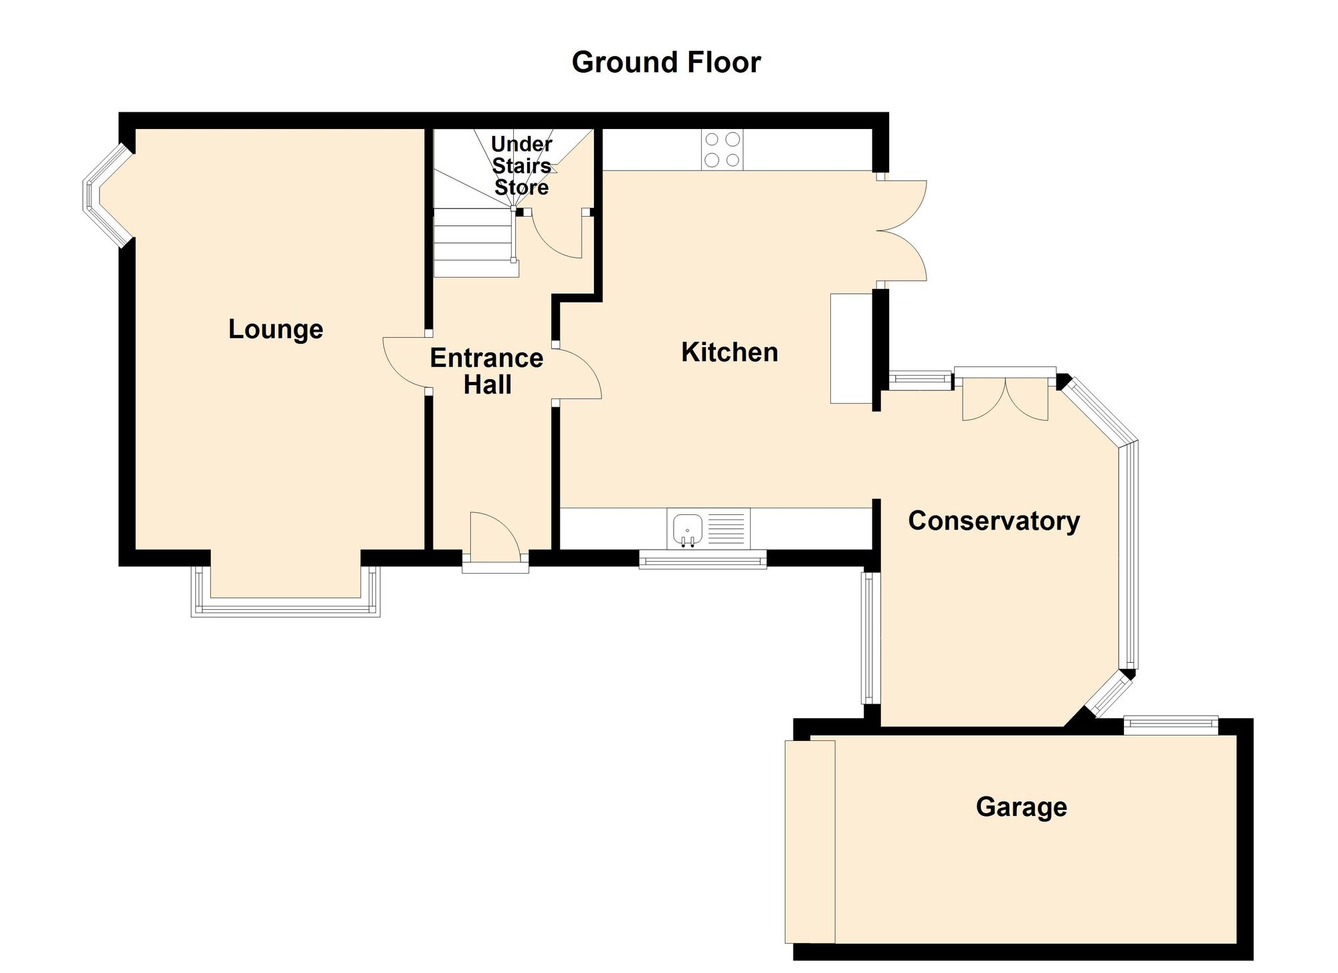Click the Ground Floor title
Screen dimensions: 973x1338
[x=666, y=62]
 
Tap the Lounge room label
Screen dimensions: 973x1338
[x=276, y=329]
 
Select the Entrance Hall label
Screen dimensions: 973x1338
[x=486, y=371]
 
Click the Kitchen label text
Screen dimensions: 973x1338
[x=729, y=352]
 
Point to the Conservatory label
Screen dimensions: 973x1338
[x=993, y=521]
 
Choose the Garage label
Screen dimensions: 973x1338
[x=1021, y=806]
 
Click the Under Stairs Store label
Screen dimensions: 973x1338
[x=521, y=166]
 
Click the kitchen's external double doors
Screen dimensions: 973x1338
[x=903, y=230]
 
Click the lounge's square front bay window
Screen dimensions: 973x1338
[x=286, y=610]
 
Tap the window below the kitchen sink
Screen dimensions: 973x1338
[x=702, y=560]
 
